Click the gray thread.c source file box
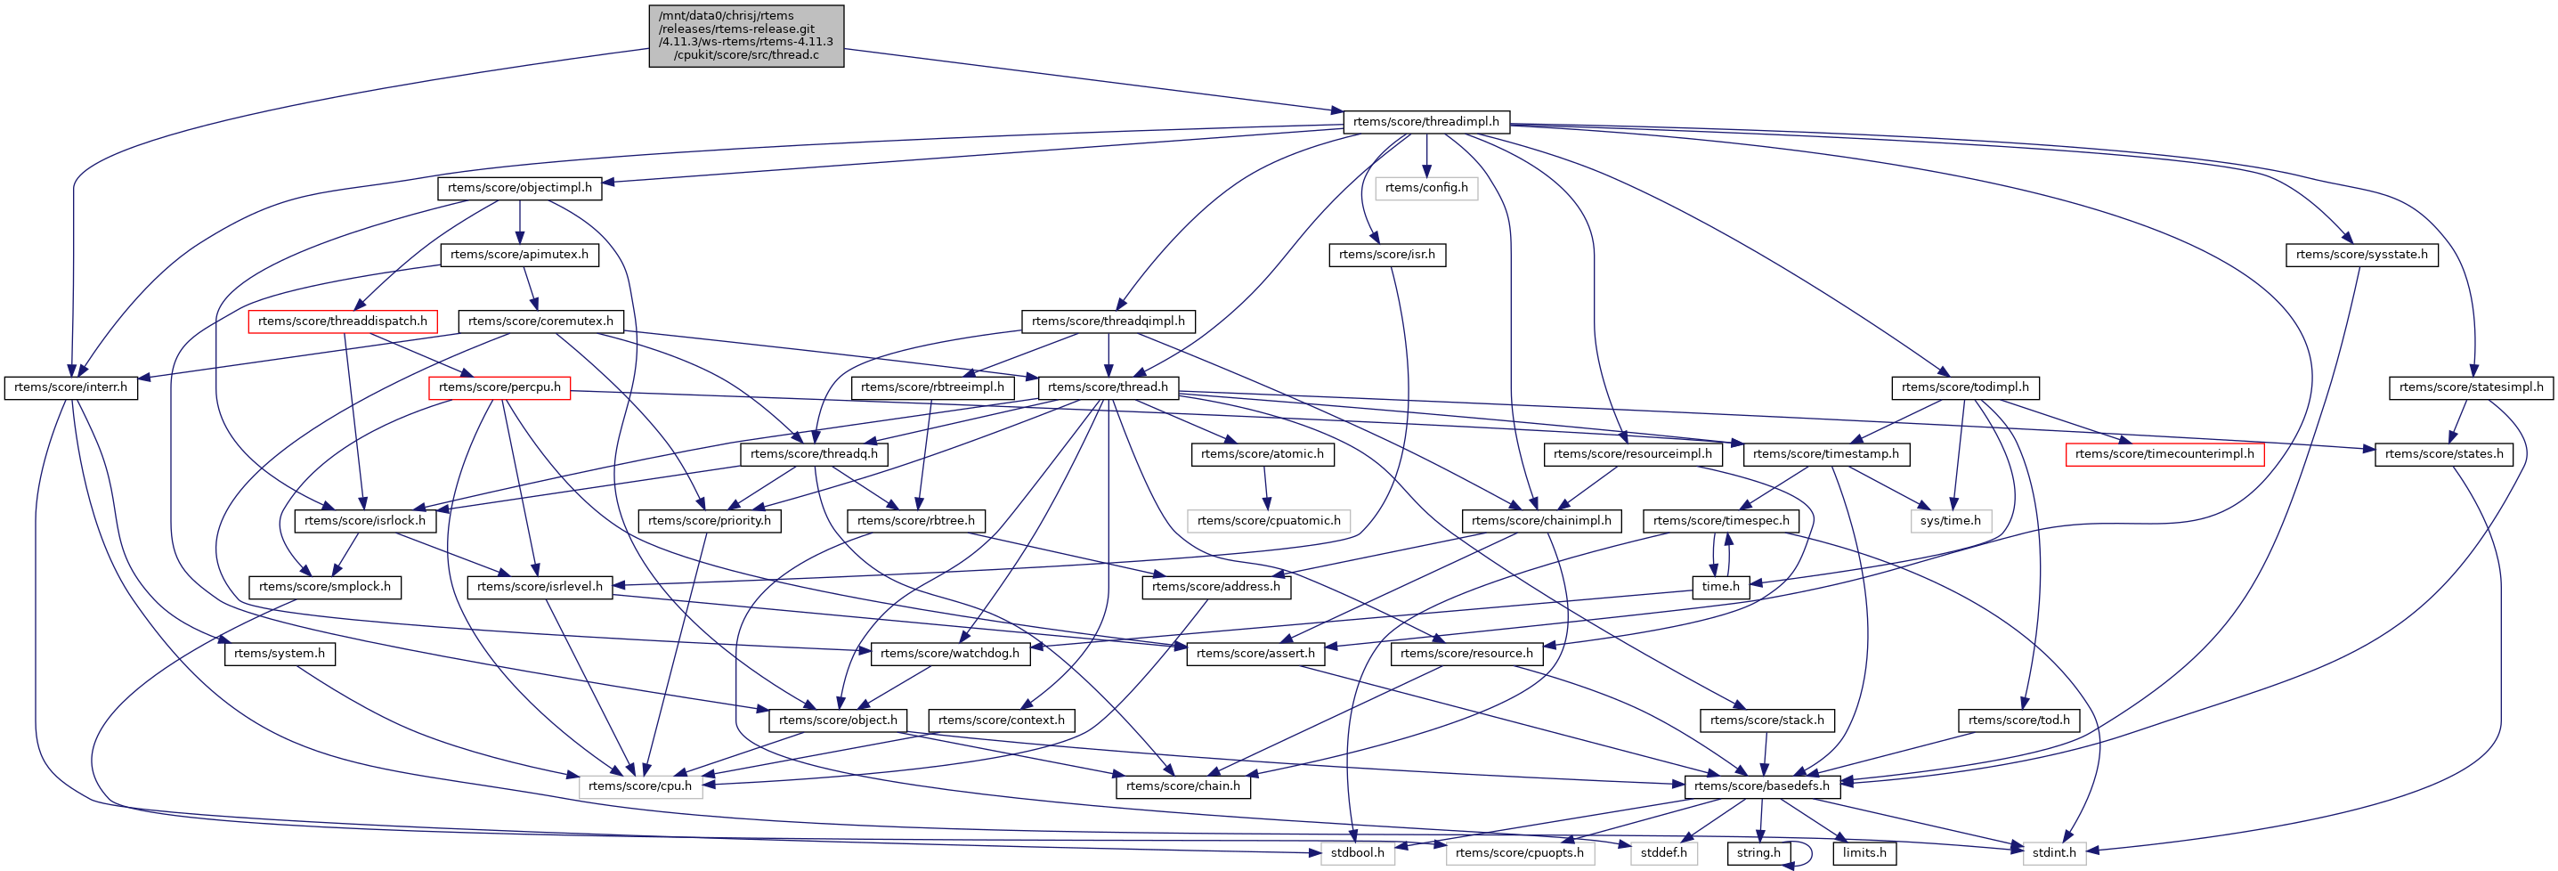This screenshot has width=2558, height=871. (x=746, y=36)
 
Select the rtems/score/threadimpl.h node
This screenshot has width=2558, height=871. (x=1426, y=121)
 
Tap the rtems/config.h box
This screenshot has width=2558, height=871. (x=1426, y=188)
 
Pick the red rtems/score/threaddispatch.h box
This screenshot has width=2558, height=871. (x=343, y=321)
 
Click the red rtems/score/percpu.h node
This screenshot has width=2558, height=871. (x=499, y=387)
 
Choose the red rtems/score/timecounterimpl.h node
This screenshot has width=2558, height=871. (x=2164, y=454)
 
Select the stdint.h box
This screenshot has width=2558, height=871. (x=2053, y=852)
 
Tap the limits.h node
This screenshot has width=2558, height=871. (x=1864, y=852)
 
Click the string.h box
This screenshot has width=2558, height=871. (x=1758, y=852)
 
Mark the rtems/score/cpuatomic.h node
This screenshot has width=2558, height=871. (x=1268, y=520)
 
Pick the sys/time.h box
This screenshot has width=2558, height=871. (x=1949, y=520)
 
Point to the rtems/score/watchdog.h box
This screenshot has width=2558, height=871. (x=949, y=654)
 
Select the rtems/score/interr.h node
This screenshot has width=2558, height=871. (x=70, y=387)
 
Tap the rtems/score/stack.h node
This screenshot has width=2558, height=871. (x=1766, y=720)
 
